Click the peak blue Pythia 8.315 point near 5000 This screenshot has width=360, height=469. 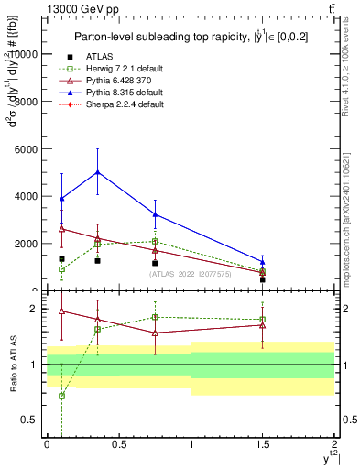tap(97, 172)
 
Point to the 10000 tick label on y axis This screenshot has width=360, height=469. tap(25, 54)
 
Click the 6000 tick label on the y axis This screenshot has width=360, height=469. tap(27, 148)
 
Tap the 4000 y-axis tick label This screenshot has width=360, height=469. tap(27, 196)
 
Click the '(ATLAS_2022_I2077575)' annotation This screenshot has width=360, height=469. tap(191, 274)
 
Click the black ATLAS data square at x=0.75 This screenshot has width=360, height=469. tap(155, 263)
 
